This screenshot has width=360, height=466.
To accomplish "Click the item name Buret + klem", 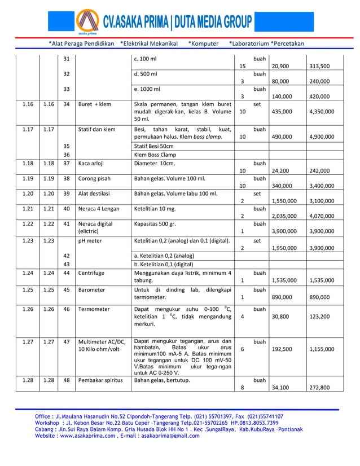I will tap(95, 104).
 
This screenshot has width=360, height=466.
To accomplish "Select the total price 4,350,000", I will tap(322, 112).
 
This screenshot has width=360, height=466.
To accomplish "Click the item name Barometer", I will tap(93, 290).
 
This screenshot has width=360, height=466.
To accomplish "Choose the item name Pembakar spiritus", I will tap(100, 380).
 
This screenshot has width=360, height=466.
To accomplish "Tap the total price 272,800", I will tap(320, 388).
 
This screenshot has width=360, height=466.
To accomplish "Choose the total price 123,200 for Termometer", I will tap(320, 317).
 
